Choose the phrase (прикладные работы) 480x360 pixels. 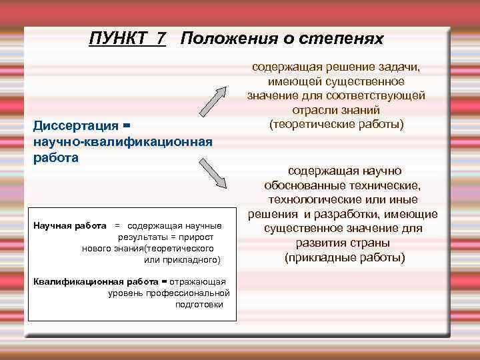pos(344,257)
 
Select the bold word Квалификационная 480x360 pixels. pos(72,281)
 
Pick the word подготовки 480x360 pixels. pos(199,304)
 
